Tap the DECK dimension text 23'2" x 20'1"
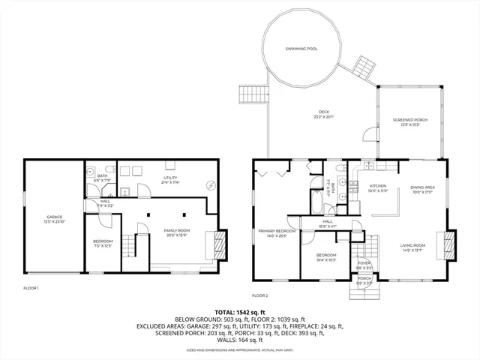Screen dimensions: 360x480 (x=324, y=116)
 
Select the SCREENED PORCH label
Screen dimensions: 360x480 (x=410, y=119)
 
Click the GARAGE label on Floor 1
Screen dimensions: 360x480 (x=52, y=217)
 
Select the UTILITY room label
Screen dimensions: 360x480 (x=170, y=178)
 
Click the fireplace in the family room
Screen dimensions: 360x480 (x=219, y=244)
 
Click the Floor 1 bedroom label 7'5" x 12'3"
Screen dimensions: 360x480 (x=103, y=243)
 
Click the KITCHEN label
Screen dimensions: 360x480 (x=377, y=186)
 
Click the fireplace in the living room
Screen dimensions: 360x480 (x=448, y=245)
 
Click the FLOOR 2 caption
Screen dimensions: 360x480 (x=260, y=295)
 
